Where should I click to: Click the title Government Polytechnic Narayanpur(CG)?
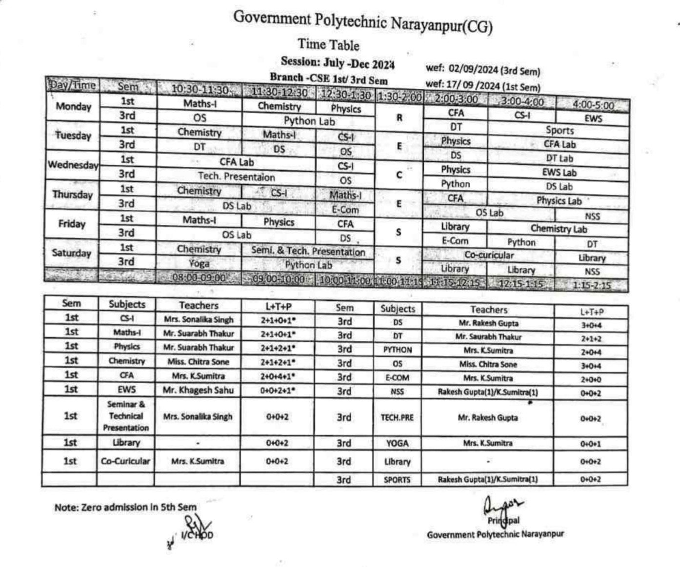363,22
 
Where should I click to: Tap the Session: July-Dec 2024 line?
338,63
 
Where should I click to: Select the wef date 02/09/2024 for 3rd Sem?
483,70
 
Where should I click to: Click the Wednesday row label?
73,165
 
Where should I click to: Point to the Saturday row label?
72,253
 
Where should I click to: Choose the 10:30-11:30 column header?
200,90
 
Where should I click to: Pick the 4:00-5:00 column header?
593,105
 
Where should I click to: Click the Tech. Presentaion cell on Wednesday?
236,177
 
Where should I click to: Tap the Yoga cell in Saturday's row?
199,264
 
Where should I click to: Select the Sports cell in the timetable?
560,130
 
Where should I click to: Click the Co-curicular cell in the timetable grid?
489,255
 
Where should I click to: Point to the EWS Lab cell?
559,173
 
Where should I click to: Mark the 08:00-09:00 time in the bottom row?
199,278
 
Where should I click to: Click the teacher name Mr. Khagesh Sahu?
198,390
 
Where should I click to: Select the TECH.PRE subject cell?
397,418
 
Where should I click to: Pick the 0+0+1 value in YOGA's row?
590,444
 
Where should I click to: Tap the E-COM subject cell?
397,378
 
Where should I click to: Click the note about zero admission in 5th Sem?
125,507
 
